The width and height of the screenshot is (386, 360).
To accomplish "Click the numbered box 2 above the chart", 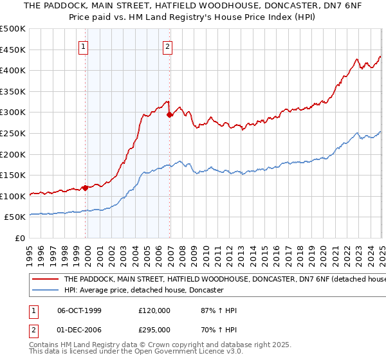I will [167, 46].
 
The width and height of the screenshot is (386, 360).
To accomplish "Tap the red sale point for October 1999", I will [86, 188].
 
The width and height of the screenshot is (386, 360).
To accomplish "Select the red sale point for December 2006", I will [170, 115].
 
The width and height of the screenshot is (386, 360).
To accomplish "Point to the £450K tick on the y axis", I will [14, 50].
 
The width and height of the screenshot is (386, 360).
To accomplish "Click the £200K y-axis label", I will [14, 154].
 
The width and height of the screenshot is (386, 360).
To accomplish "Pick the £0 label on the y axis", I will [21, 238].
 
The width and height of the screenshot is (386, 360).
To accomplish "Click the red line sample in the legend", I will [45, 279].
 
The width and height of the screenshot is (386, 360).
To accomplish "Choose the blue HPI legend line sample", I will [45, 291].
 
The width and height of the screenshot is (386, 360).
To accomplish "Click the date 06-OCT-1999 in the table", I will [79, 310].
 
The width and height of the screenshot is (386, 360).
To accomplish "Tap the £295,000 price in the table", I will [154, 329].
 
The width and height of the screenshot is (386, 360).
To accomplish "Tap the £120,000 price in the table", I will [154, 310].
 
